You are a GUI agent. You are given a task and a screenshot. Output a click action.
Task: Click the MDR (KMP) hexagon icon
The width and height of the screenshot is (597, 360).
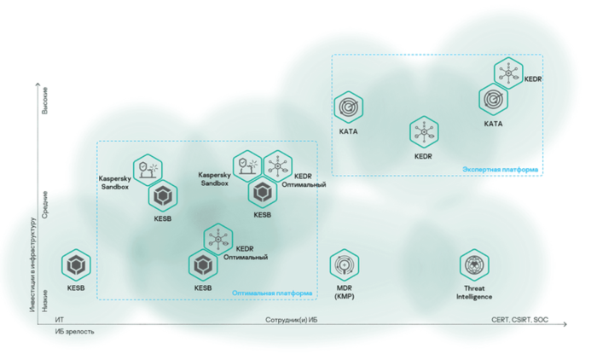[x=345, y=265]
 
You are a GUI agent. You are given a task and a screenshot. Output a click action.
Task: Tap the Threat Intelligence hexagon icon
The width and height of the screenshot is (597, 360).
[x=473, y=265]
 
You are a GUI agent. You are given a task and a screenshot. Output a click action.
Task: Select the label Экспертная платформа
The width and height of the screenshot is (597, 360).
[x=500, y=170]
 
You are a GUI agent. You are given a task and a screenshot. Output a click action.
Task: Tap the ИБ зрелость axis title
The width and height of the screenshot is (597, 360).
[x=74, y=331]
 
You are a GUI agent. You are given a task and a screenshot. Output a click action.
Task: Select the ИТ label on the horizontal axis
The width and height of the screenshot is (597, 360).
[x=59, y=320]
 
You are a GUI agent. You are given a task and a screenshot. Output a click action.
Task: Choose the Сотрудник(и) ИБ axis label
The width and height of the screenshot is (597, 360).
[x=291, y=320]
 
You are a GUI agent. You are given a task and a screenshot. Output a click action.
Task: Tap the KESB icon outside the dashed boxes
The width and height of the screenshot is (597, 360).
[x=76, y=265]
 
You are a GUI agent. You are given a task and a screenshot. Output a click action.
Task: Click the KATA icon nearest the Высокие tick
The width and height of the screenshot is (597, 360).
[x=348, y=107]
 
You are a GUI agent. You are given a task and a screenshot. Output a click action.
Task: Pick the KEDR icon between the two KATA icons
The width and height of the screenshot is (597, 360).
[x=424, y=131]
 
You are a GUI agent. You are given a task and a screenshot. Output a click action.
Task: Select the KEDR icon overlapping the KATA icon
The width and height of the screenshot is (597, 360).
[x=509, y=73]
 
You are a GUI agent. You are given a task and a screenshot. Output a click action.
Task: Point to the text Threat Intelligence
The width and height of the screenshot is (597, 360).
[x=473, y=293]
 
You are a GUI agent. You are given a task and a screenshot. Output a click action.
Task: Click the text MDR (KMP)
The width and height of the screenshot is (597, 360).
[x=345, y=293]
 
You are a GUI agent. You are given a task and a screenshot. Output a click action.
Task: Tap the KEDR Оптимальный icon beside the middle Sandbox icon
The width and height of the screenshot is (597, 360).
[x=276, y=165]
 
